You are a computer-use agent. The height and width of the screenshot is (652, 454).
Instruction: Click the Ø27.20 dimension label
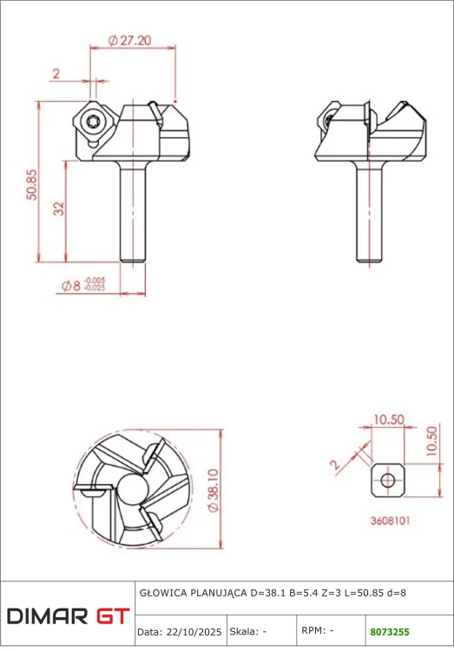tap(129, 40)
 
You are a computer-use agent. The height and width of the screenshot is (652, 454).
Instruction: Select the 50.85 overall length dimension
tap(32, 184)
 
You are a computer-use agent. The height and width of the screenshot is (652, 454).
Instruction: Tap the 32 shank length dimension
tap(59, 208)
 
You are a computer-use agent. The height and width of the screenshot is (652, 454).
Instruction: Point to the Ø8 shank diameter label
tap(70, 286)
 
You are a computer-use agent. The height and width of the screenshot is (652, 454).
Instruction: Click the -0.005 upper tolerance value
tap(95, 280)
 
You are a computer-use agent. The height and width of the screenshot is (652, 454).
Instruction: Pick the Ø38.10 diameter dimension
tap(213, 490)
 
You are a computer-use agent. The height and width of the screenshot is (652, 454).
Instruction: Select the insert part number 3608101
tap(390, 521)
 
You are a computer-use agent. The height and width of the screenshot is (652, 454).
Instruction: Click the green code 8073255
tap(390, 632)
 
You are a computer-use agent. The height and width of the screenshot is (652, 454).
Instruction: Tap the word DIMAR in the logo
tap(47, 615)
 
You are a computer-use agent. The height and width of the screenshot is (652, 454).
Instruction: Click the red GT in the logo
tap(113, 615)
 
